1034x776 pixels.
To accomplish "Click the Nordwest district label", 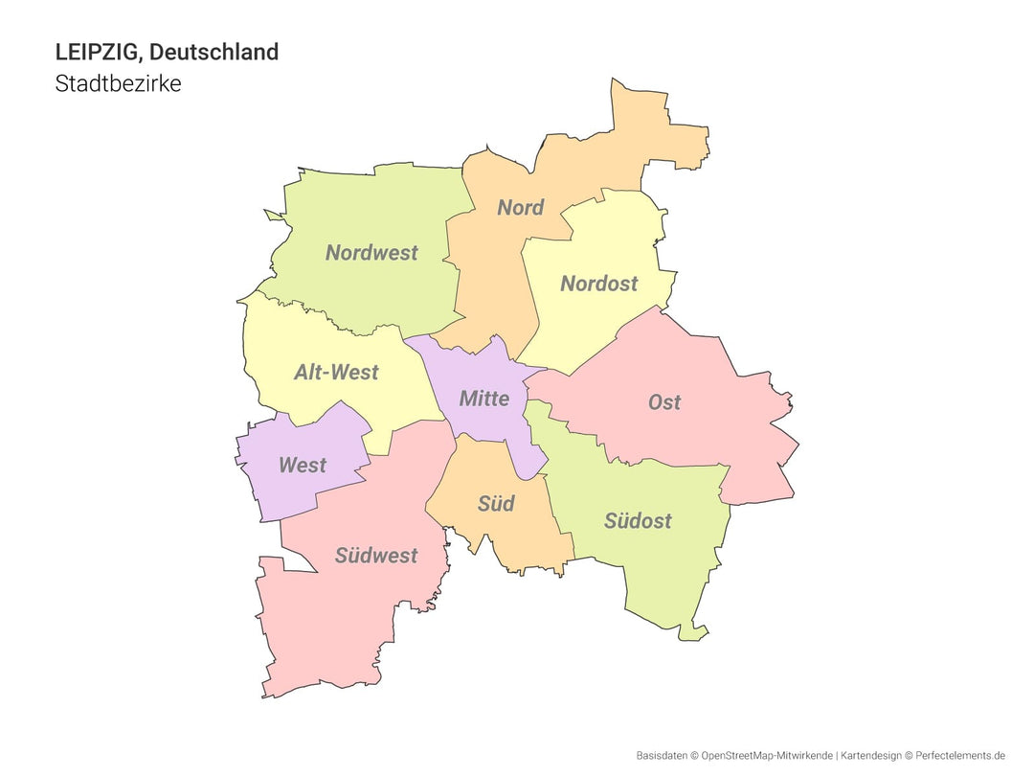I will [371, 253].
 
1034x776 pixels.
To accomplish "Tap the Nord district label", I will [520, 208].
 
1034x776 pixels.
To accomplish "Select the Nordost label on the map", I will [598, 284].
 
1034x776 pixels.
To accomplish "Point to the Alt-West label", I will [336, 373].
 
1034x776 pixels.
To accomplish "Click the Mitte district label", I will [483, 399].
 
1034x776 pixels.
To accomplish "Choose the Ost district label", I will [663, 402].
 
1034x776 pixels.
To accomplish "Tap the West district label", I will [303, 466].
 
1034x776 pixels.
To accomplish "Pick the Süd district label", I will [496, 504].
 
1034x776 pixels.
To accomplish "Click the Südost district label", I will [638, 521].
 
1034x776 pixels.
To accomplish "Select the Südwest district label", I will [376, 556].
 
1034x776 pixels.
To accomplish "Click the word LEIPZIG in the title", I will [97, 52].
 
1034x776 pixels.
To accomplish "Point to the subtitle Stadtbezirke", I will [118, 83].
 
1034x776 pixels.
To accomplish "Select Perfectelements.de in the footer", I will [961, 756].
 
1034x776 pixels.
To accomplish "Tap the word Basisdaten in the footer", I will [662, 756].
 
